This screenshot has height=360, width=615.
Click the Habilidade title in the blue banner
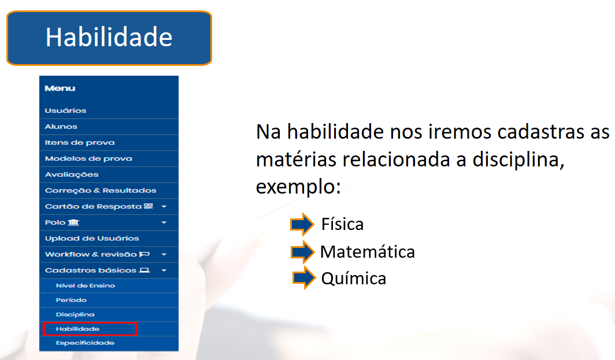click(109, 37)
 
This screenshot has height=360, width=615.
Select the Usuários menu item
click(65, 110)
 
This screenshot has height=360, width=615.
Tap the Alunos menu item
click(61, 127)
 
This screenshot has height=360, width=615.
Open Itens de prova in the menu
click(80, 143)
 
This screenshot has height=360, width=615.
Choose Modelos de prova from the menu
click(88, 158)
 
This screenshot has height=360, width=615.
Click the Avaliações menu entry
click(72, 175)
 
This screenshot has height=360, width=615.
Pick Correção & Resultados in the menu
click(101, 191)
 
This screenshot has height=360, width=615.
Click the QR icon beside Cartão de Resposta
click(148, 206)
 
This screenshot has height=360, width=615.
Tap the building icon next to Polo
click(73, 222)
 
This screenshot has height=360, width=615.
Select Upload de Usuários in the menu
click(92, 239)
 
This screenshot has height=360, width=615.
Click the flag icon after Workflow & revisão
click(145, 254)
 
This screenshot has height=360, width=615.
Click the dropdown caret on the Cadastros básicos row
click(164, 270)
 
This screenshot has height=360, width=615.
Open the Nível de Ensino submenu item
click(85, 285)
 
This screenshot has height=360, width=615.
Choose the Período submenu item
click(71, 300)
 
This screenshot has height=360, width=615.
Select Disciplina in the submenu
click(75, 314)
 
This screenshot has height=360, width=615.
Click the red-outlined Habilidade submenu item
click(90, 329)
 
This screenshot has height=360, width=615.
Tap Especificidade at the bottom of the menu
click(85, 343)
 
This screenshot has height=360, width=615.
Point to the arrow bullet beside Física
click(302, 224)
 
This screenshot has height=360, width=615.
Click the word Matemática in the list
click(368, 252)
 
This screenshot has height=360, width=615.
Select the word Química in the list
click(353, 279)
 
